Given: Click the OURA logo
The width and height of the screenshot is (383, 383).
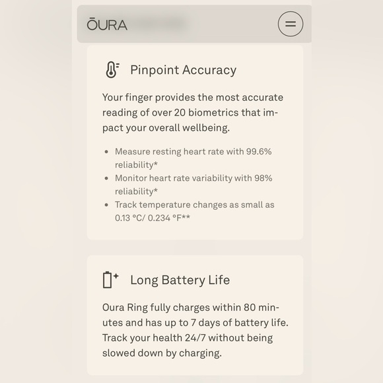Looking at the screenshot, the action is click(107, 24).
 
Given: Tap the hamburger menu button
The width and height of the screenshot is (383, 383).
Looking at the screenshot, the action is click(291, 24).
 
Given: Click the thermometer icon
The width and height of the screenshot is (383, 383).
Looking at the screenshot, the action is click(112, 69).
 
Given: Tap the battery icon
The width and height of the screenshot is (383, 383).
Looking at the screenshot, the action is click(110, 280).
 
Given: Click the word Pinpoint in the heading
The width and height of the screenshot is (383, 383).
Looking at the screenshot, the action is click(155, 70).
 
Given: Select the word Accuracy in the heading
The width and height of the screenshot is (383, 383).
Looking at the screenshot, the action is click(209, 70).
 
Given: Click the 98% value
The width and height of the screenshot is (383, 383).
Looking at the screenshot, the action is click(263, 178).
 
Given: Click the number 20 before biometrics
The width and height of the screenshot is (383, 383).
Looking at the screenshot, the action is click(180, 113).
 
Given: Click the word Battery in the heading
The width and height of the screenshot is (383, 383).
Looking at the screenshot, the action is click(183, 280).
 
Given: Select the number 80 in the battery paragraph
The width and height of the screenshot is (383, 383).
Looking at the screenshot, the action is click(250, 307).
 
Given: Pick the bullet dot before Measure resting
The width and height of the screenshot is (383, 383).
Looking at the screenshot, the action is click(106, 152).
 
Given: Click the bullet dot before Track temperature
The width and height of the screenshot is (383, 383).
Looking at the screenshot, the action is click(106, 205).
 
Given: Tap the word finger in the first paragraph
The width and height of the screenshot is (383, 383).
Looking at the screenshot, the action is click(139, 98).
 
